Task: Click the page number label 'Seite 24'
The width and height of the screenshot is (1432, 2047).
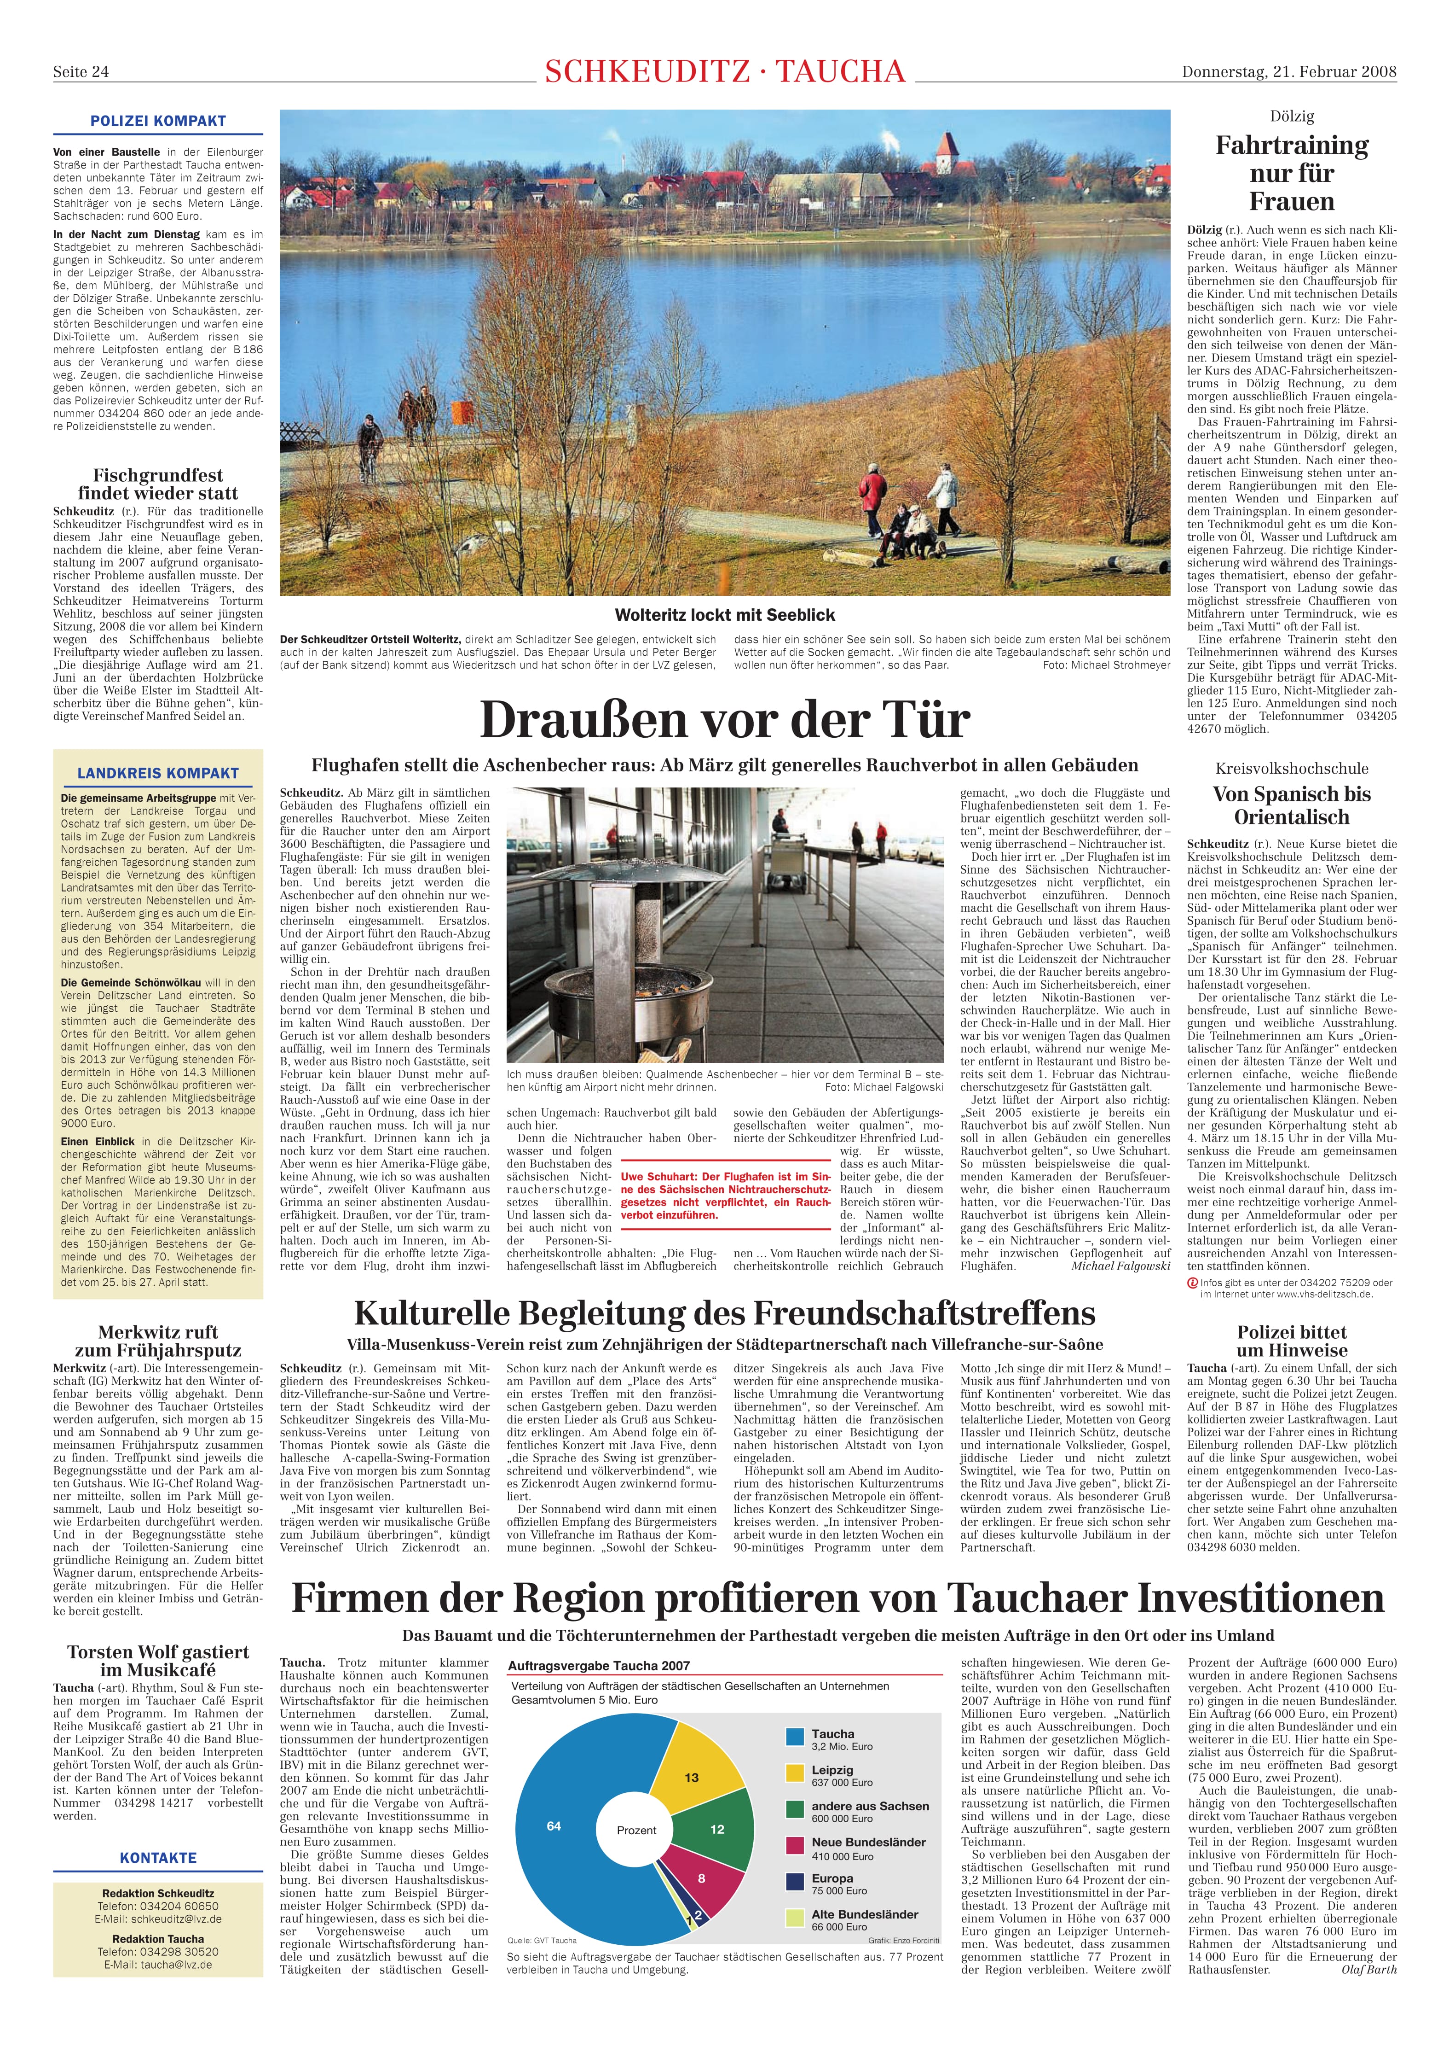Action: [x=81, y=72]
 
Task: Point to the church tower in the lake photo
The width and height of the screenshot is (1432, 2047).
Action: [x=946, y=152]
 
